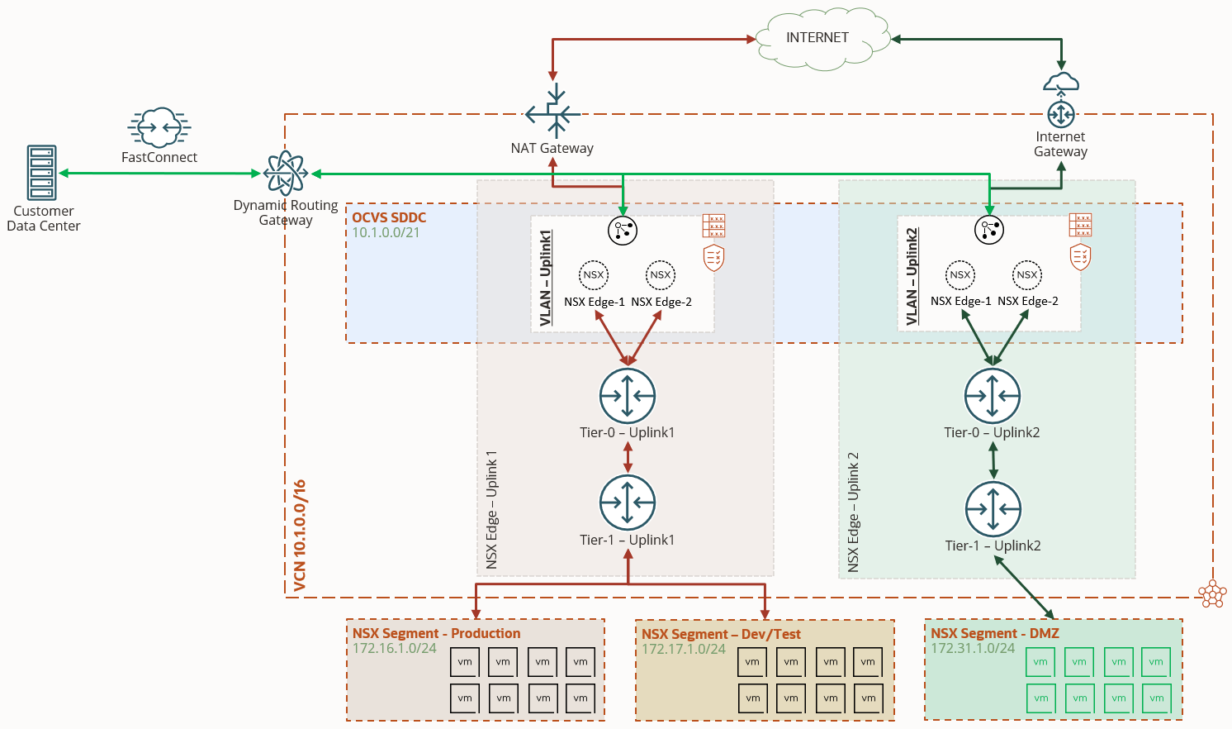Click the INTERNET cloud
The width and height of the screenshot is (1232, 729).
[x=817, y=38]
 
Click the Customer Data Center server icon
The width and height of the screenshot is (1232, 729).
[x=42, y=173]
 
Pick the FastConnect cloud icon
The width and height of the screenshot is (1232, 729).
[x=159, y=127]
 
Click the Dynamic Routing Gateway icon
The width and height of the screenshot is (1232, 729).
[x=286, y=173]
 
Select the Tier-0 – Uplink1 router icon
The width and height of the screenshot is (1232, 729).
[x=628, y=396]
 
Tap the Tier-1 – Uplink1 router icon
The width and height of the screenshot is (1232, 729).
[x=628, y=503]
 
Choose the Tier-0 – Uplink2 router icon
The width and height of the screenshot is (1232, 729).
[x=993, y=396]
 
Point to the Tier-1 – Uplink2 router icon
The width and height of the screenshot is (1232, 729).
[x=993, y=509]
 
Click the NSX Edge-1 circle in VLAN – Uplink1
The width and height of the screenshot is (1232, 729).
[x=594, y=275]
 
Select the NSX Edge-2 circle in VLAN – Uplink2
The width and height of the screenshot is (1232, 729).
[x=1027, y=275]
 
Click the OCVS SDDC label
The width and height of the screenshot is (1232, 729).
[x=389, y=217]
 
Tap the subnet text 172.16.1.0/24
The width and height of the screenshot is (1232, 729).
[x=395, y=648]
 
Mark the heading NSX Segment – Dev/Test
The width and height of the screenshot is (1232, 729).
[x=721, y=634]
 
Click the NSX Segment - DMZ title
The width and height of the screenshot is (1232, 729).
[x=994, y=633]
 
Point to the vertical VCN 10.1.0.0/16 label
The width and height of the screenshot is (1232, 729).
[x=300, y=536]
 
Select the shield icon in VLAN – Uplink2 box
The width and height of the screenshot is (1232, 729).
[x=1080, y=257]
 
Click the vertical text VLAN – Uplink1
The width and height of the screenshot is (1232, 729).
[x=545, y=278]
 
